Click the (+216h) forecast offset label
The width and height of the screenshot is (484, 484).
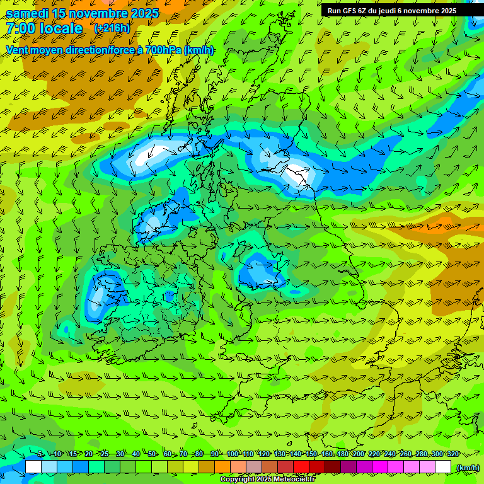point(113,28)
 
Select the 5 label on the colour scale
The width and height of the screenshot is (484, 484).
point(40,454)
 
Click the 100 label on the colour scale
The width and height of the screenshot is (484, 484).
point(232,454)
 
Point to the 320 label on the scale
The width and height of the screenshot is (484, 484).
point(452,454)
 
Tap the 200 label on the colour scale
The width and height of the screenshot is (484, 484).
point(358,454)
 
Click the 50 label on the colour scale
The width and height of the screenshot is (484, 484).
point(152,454)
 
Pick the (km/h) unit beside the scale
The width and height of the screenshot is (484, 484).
point(468,468)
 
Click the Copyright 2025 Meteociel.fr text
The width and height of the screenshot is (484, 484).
point(267,480)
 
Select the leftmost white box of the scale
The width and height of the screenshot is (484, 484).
point(33,467)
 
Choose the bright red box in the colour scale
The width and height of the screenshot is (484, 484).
point(301,467)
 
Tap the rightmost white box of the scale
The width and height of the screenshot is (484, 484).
point(443,467)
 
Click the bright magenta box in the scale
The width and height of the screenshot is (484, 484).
point(380,467)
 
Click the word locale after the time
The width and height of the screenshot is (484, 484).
point(59,29)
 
